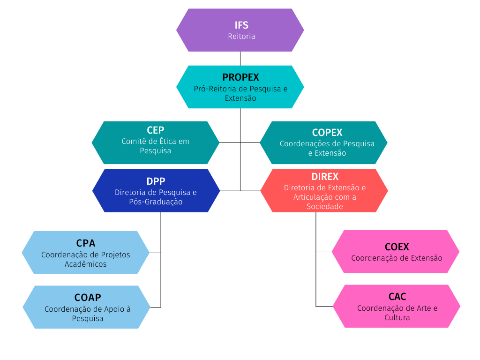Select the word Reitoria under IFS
pos(241,36)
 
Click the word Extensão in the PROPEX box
pos(240,98)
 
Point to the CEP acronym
pos(156,130)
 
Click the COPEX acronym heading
pos(327,133)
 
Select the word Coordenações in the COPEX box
pos(303,144)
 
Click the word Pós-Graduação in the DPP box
pos(156,202)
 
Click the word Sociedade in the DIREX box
pos(325,207)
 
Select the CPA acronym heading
pos(86,243)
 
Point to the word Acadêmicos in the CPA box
pos(86,264)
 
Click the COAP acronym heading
pos(88,298)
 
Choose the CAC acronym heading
pos(397,297)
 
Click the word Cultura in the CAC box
pos(397,318)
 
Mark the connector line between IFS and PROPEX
pos(240,58)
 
